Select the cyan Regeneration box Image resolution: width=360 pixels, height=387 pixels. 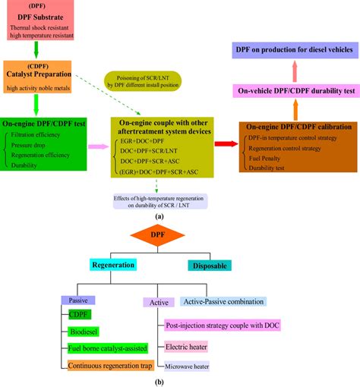pyautogui.click(x=113, y=266)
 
